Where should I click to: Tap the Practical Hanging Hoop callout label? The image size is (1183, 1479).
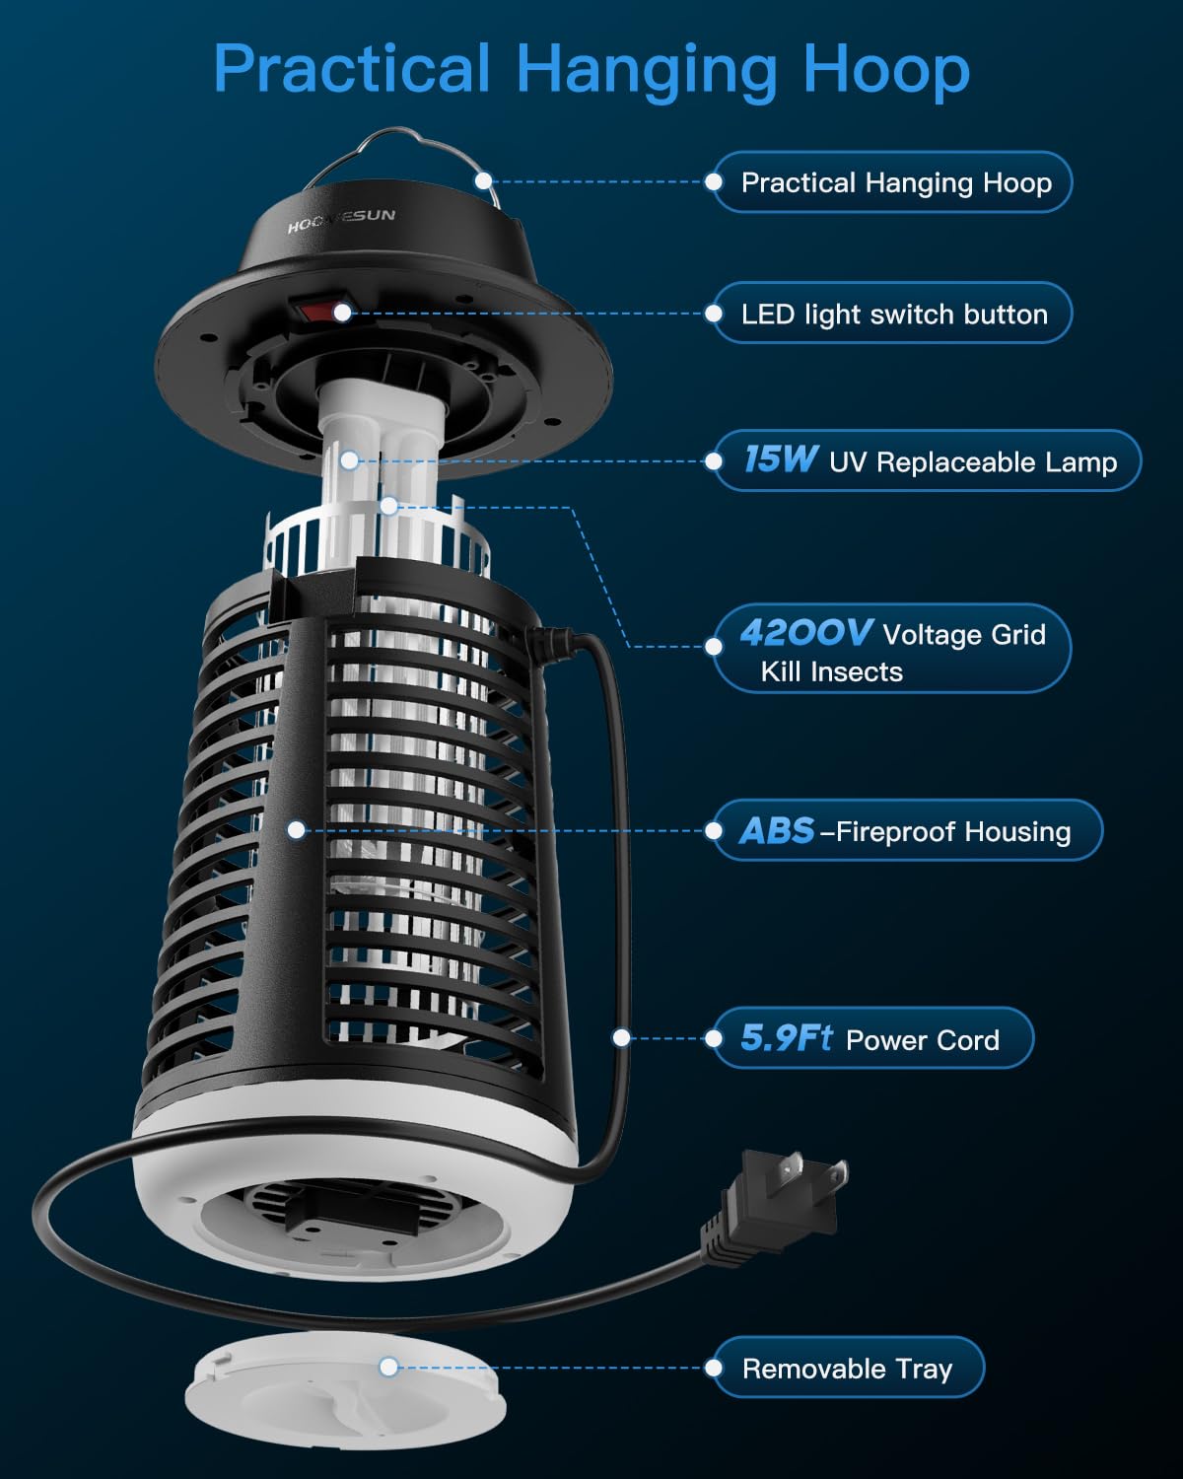coord(892,182)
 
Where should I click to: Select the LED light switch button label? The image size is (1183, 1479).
coord(892,314)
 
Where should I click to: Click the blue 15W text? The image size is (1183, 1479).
coord(781,458)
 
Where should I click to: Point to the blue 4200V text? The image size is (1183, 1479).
coord(805,632)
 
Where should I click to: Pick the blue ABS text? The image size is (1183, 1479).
coord(777,830)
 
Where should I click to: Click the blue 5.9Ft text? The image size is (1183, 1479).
coord(787,1037)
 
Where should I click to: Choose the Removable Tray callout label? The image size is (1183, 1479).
coord(848,1368)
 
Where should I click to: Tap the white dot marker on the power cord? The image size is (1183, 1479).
coord(621,1038)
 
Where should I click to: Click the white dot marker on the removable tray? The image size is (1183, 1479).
coord(389,1367)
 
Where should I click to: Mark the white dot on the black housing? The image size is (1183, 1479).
coord(297,830)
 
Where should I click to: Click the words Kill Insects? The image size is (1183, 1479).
coord(832,671)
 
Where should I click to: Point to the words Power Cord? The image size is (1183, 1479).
coord(923,1040)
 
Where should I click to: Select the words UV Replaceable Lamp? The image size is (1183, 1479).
coord(973,461)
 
